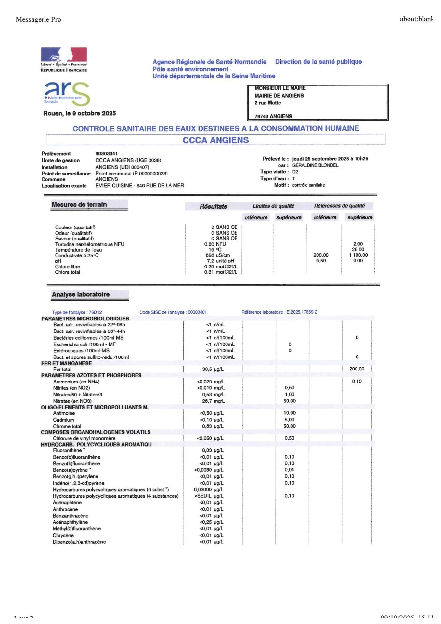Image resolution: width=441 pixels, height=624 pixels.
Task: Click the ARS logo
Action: click(67, 93)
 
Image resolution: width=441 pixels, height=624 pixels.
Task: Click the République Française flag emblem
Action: click(64, 55)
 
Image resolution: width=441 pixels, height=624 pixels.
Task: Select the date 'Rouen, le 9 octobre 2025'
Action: click(79, 113)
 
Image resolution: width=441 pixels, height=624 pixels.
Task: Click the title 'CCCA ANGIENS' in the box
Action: click(215, 140)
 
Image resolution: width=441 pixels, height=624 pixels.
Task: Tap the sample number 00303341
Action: click(106, 153)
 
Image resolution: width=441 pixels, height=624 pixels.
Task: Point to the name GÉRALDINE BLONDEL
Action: click(315, 165)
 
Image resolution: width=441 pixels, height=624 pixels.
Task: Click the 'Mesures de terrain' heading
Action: click(79, 204)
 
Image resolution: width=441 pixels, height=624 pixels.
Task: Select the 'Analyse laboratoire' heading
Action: click(81, 294)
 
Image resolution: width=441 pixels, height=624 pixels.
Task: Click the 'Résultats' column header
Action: click(213, 206)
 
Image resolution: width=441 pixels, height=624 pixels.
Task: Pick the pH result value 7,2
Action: click(210, 261)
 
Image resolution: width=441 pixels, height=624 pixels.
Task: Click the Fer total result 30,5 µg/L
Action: click(213, 369)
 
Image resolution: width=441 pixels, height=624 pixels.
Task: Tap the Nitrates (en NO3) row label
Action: click(72, 401)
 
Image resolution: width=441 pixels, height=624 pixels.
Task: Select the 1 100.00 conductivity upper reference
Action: click(358, 255)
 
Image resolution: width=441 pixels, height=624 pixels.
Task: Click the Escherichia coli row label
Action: click(84, 344)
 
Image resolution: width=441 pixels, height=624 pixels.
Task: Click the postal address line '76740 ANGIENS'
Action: click(273, 116)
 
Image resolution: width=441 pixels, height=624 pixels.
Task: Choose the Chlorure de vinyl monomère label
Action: click(84, 438)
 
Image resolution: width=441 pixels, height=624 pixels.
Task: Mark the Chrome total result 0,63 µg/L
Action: click(213, 426)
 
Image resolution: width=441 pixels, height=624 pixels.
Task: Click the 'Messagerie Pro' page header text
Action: click(38, 19)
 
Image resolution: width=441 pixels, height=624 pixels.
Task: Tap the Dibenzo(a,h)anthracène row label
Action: click(79, 542)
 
